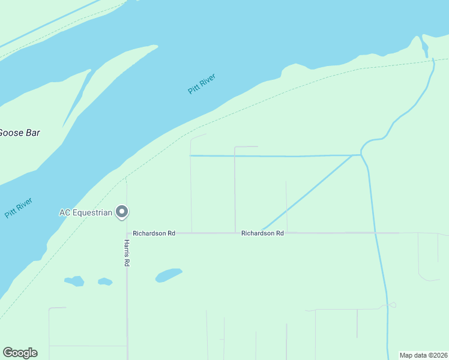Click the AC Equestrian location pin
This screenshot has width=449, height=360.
[122, 211]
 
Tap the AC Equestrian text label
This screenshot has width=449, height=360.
[86, 212]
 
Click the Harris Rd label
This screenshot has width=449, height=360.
[127, 253]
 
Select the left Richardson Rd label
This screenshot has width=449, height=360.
[154, 233]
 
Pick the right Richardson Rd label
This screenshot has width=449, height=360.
[262, 233]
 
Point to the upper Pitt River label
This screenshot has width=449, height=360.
[201, 83]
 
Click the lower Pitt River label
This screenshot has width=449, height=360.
[18, 208]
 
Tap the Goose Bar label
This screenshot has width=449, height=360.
[19, 133]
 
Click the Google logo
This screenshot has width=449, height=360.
[20, 353]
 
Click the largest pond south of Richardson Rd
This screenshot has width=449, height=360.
[169, 275]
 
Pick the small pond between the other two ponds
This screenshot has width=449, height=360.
[105, 281]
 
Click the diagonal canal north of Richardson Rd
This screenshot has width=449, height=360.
[306, 193]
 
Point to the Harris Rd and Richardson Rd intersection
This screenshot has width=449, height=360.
[127, 233]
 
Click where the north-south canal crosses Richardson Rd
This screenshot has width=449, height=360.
[376, 232]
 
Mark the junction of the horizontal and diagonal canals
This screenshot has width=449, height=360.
[352, 155]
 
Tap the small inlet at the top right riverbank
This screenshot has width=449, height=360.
[425, 47]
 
